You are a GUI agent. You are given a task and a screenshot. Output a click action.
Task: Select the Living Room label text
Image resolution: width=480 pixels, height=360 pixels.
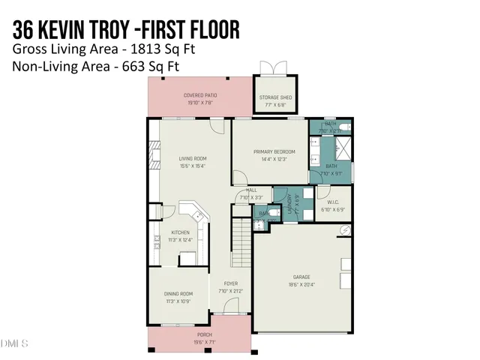[x=193, y=159]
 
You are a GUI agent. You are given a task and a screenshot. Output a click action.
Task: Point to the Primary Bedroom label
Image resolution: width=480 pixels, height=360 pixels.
[x=269, y=151]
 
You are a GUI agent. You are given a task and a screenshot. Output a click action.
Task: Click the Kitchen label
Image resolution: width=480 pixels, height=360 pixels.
[x=181, y=232]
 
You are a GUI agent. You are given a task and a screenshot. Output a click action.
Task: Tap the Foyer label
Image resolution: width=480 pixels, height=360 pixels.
[x=230, y=283]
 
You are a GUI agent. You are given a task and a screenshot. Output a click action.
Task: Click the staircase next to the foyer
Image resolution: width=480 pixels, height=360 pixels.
[x=240, y=240]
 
